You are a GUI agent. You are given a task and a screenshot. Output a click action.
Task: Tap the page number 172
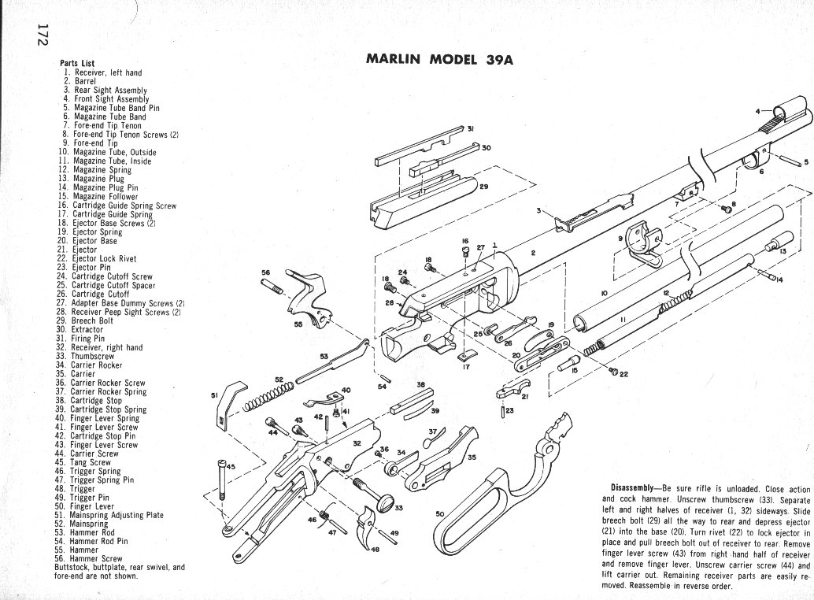click(41, 39)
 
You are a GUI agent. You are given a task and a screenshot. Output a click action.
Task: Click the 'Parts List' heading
click(78, 64)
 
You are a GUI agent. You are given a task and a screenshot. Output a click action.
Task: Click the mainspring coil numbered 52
click(268, 397)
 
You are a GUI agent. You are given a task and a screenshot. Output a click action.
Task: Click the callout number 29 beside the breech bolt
click(483, 187)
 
